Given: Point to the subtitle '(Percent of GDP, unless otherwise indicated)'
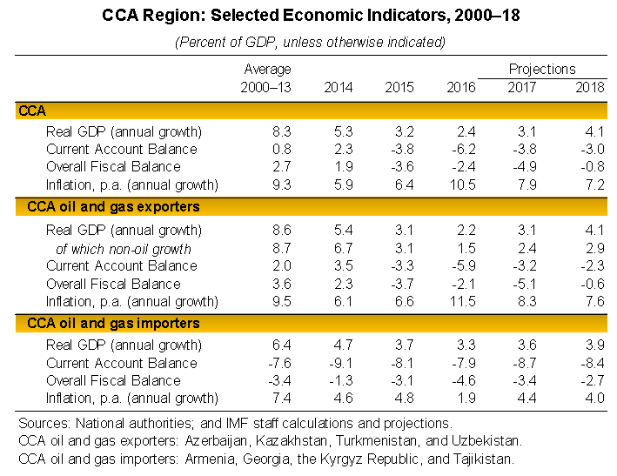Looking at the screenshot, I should tap(310, 42).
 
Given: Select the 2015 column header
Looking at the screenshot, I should tap(399, 87).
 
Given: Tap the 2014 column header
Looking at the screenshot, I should tap(339, 87).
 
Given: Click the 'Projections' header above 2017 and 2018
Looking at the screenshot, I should tap(542, 69).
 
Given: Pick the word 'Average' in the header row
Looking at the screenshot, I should tap(267, 69).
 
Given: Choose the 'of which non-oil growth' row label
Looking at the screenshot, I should tap(124, 248).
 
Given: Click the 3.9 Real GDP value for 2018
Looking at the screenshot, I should tap(593, 345).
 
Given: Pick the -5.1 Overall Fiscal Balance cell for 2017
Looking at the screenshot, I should tap(528, 284).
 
